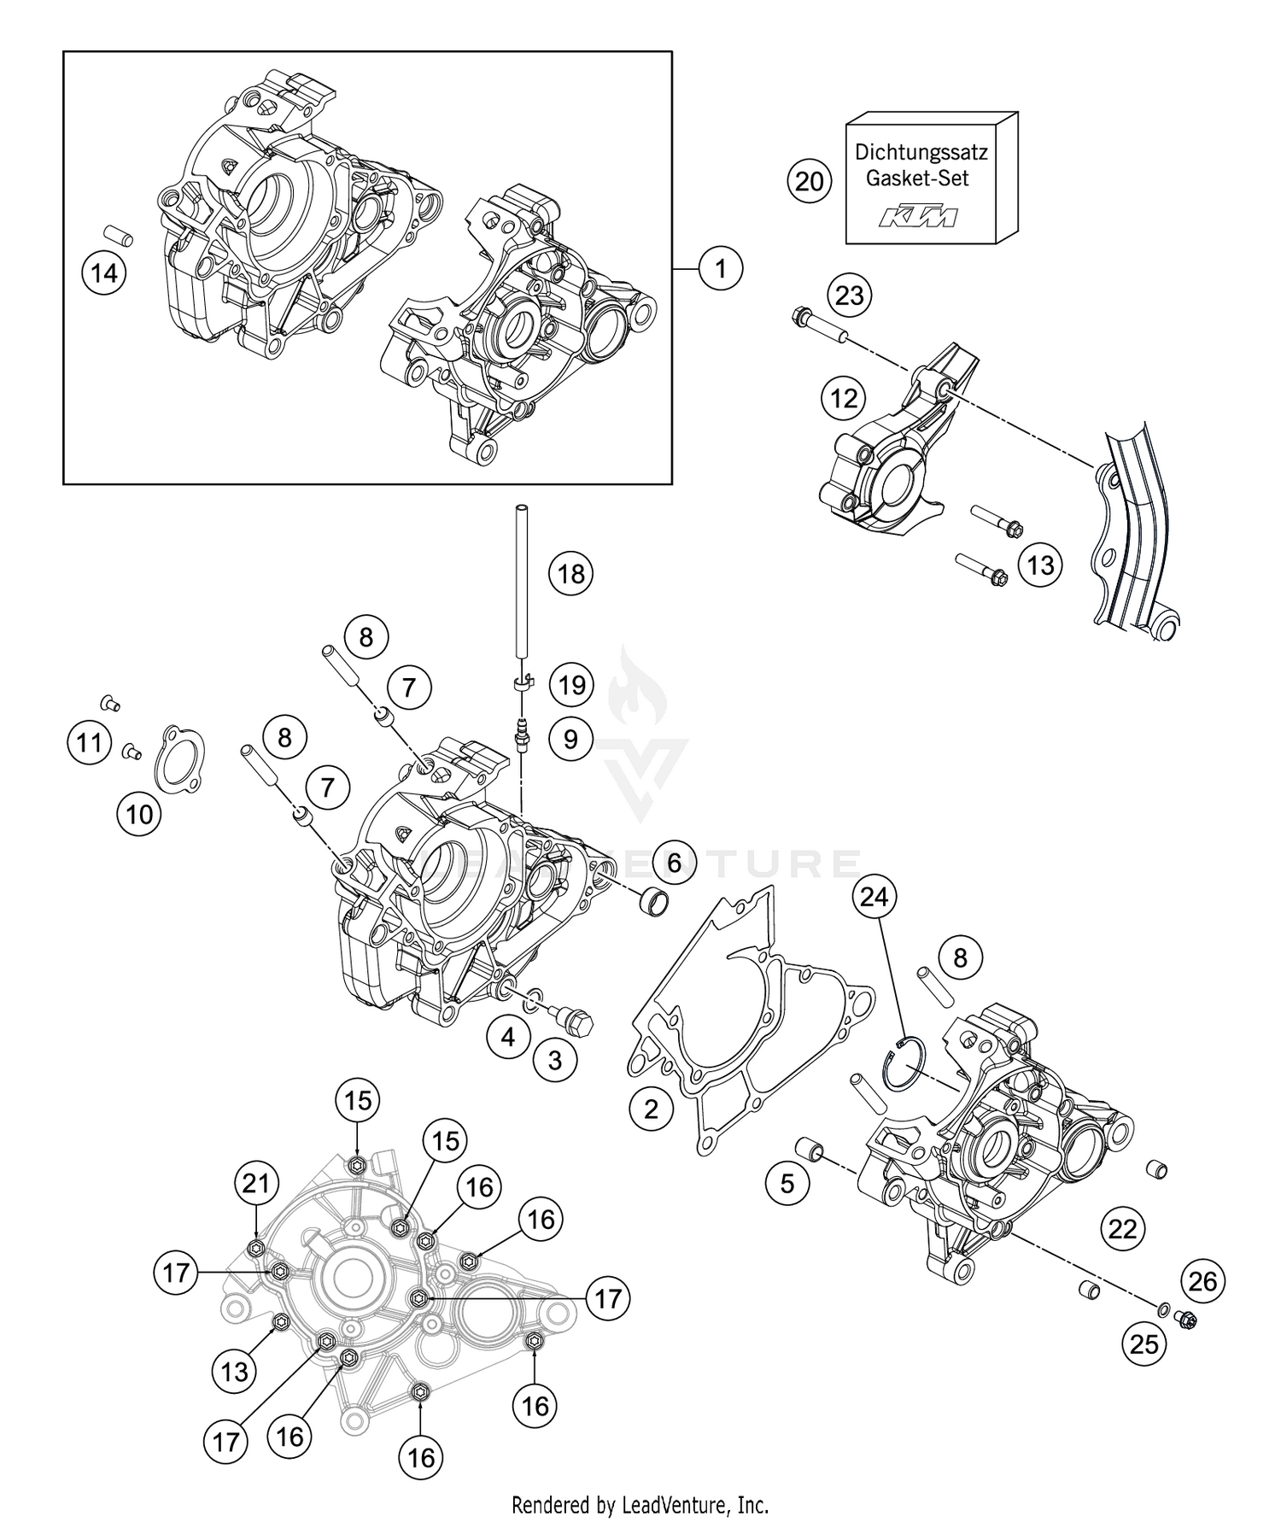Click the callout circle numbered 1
click(720, 269)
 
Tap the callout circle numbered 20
click(809, 181)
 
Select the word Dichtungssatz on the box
click(921, 153)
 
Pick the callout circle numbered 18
click(570, 572)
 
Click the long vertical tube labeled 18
click(522, 581)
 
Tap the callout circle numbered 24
click(874, 896)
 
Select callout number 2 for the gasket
click(652, 1109)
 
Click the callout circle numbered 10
click(139, 814)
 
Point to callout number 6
click(674, 863)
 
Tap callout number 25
click(1144, 1344)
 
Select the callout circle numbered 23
click(849, 296)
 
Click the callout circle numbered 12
click(844, 398)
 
